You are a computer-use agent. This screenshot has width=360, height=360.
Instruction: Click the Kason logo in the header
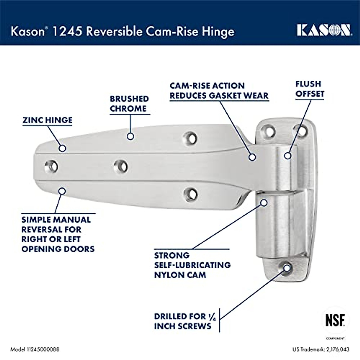(323, 30)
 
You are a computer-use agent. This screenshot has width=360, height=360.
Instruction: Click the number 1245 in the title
(67, 31)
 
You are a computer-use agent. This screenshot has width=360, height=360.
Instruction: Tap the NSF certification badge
(335, 320)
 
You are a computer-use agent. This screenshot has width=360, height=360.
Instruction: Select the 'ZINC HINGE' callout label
(47, 120)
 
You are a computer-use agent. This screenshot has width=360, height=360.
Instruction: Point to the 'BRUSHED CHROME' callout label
(129, 104)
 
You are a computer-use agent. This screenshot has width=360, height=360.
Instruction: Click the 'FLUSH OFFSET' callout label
(310, 89)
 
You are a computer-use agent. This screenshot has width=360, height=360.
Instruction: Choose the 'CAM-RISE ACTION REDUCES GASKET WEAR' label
(219, 91)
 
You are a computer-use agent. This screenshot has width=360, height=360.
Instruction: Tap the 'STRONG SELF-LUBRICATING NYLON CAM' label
(192, 265)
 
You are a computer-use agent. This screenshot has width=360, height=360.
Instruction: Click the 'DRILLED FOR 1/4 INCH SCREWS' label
(184, 321)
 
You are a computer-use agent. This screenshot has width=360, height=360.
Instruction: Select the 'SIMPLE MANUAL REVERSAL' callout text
(58, 234)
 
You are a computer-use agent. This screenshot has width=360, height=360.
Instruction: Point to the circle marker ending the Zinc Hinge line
(62, 148)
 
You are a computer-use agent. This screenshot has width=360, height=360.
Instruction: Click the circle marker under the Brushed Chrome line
(130, 136)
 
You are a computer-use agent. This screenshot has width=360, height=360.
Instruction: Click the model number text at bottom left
(35, 349)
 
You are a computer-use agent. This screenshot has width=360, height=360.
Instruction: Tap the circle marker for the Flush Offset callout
(288, 156)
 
